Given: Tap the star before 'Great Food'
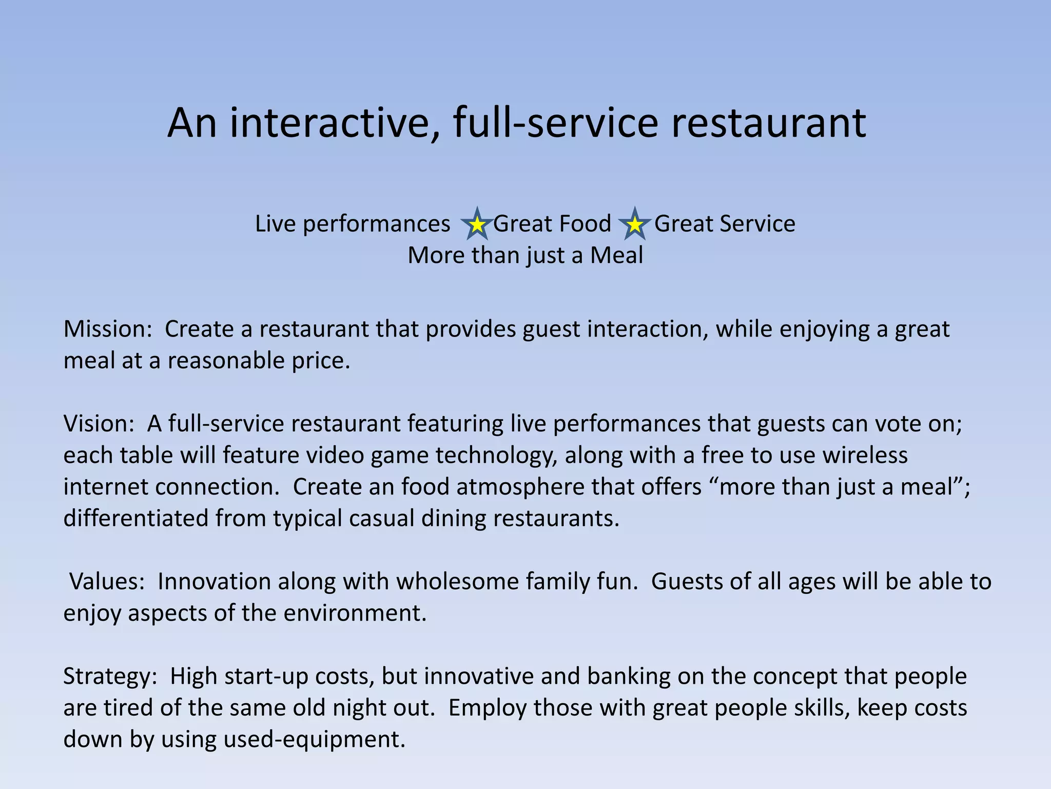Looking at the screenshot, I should coord(477,224).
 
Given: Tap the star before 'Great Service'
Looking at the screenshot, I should coord(635,224).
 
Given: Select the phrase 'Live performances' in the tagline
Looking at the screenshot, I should coord(353,224).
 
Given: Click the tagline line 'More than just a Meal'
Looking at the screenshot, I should coord(525,256).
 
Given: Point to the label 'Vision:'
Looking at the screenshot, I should coord(99,424).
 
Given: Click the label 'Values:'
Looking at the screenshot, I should coord(107,582).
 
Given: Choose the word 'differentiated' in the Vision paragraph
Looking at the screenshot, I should coord(135,519).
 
